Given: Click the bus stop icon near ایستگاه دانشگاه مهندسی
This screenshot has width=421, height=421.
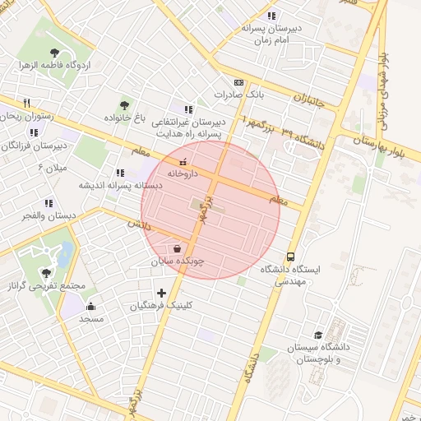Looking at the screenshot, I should tap(291, 256).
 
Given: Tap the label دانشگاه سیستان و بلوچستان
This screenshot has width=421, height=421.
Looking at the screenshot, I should tap(318, 354).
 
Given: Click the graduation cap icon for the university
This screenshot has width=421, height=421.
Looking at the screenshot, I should tap(318, 335).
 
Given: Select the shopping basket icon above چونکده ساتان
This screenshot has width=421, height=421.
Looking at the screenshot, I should tap(178, 248).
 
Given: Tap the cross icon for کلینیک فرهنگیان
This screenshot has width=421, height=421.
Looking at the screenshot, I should tap(161, 293).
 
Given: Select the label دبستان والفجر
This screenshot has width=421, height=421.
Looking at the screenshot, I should tap(50, 215).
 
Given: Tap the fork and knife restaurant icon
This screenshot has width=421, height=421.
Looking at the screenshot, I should tap(27, 103).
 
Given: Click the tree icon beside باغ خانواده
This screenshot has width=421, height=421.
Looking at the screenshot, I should tap(124, 104).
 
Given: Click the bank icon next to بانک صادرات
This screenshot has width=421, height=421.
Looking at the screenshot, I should tap(238, 82).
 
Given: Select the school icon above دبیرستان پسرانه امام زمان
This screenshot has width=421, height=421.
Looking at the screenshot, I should tap(271, 16).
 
